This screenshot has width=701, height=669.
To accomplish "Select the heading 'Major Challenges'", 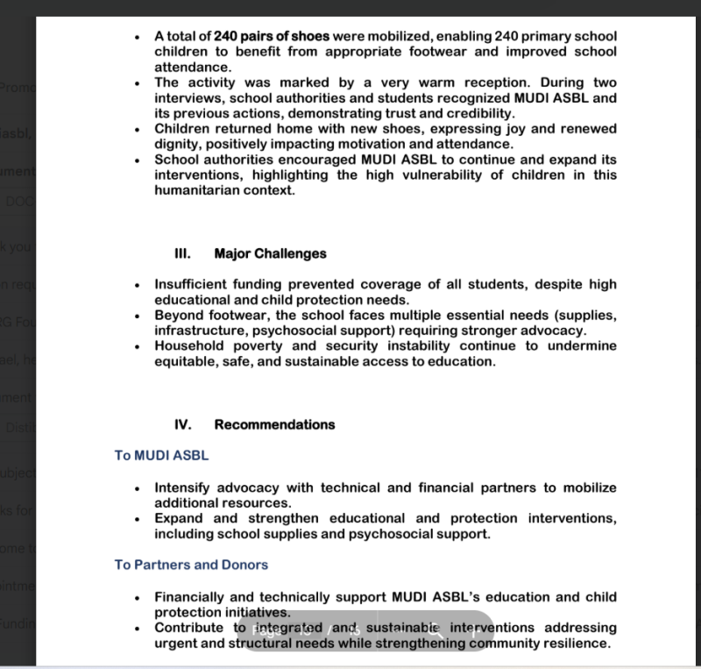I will pyautogui.click(x=270, y=253).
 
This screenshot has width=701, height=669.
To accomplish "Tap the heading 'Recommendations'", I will pyautogui.click(x=274, y=424).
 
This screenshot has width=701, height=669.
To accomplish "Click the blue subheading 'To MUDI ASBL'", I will pyautogui.click(x=161, y=456).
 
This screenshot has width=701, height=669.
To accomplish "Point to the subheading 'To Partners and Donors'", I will pyautogui.click(x=191, y=565).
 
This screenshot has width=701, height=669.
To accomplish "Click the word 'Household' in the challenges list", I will pyautogui.click(x=189, y=345).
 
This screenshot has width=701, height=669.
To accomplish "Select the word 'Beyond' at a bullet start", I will pyautogui.click(x=177, y=316).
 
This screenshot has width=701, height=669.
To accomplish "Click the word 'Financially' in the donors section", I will pyautogui.click(x=191, y=597).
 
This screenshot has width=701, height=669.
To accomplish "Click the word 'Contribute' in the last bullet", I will pyautogui.click(x=190, y=628).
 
